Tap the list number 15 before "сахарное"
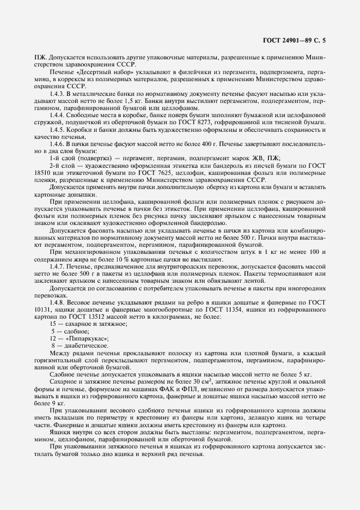pyautogui.click(x=52, y=324)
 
